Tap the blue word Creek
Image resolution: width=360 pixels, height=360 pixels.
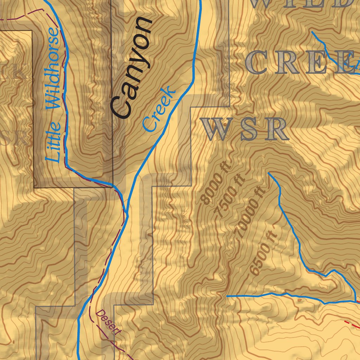[x=159, y=109]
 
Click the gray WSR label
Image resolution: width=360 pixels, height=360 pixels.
[x=245, y=129]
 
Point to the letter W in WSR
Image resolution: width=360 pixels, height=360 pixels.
[x=214, y=129]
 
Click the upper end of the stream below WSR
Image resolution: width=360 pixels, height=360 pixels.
[x=269, y=173]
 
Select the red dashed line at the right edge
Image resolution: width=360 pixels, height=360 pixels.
[x=352, y=324]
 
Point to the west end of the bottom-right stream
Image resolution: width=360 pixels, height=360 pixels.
[x=227, y=296]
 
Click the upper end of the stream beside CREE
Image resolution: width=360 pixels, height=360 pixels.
[x=312, y=32]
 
